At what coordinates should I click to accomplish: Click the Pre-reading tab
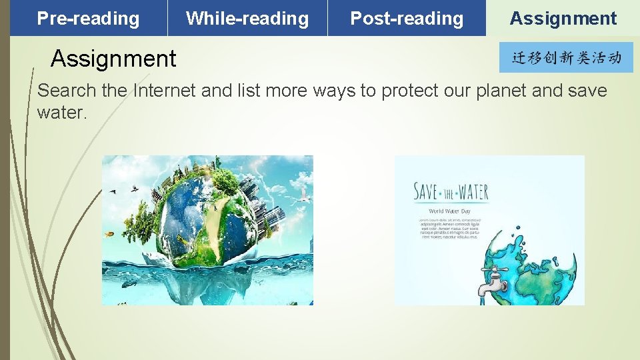coord(88,19)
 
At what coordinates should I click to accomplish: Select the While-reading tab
coord(247,19)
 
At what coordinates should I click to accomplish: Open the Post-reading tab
coord(407,19)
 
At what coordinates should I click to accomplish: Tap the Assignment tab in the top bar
coord(563,19)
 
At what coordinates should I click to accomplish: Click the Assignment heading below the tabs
coord(113,59)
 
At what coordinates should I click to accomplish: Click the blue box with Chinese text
coord(566,58)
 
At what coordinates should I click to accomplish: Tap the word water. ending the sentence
coord(62,113)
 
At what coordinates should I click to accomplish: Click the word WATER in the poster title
coord(472,193)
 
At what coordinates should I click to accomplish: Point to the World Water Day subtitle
coord(449,211)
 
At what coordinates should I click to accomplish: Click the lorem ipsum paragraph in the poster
coord(449,227)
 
